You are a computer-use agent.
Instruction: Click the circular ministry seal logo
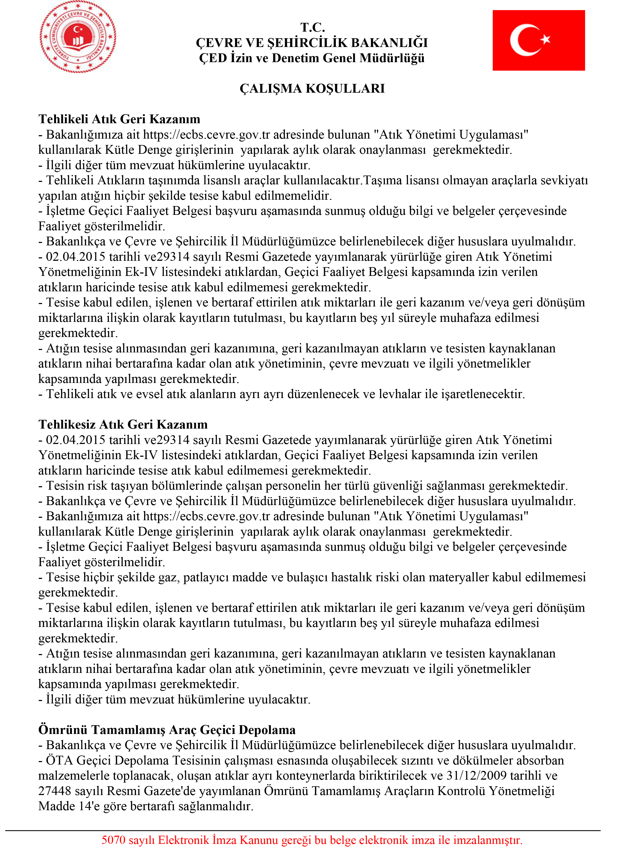[x=78, y=37]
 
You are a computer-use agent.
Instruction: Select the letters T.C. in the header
[x=312, y=27]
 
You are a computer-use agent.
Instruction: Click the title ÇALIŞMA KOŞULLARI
[x=312, y=88]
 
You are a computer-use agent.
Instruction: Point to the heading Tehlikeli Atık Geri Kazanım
[x=119, y=119]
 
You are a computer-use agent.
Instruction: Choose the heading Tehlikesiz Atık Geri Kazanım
[x=123, y=424]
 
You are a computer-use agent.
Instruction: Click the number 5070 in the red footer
[x=114, y=840]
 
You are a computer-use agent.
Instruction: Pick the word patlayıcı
[x=206, y=577]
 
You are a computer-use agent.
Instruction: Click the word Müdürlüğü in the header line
[x=392, y=58]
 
